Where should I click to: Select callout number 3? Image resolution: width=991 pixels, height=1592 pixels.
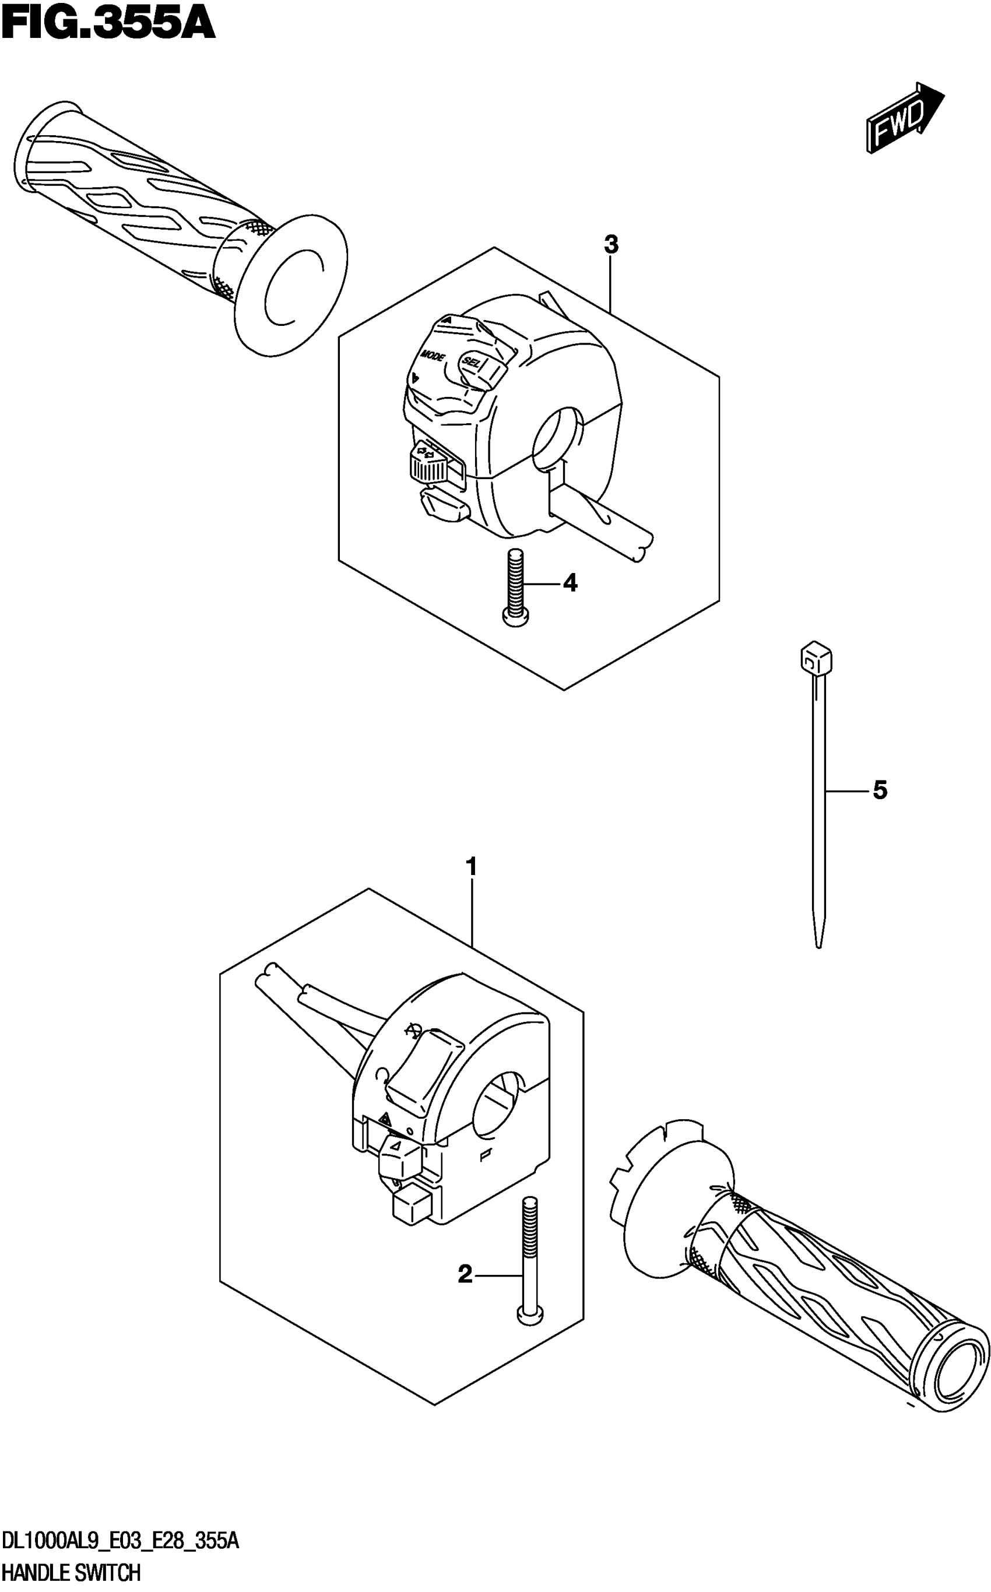pos(611,245)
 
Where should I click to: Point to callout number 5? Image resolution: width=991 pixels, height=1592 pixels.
pos(880,790)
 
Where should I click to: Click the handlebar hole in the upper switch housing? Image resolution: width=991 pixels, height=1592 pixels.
pos(558,438)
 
